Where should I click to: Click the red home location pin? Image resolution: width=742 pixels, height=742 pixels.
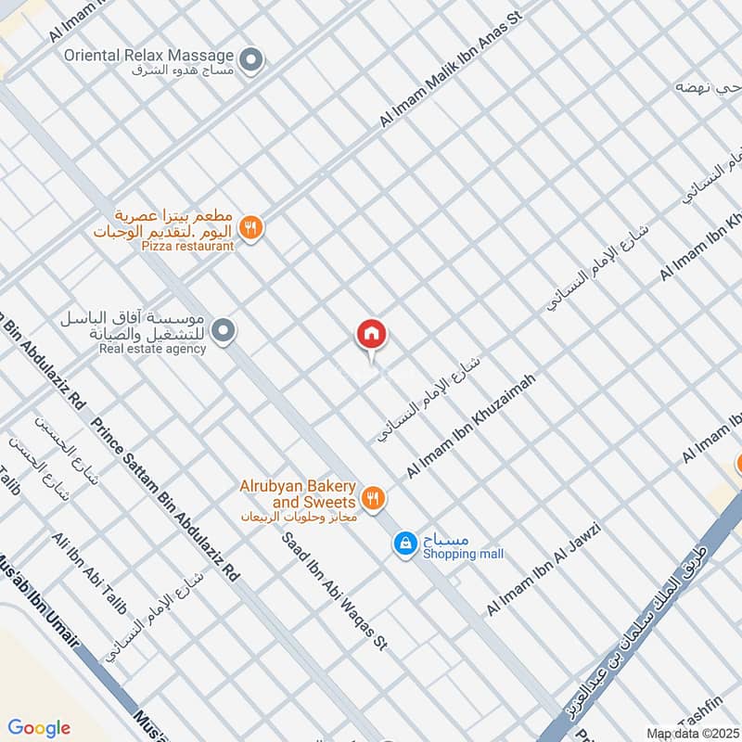click(372, 335)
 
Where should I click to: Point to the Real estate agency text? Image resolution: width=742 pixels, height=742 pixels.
click(153, 349)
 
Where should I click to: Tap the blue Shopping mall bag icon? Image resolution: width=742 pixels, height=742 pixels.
click(404, 544)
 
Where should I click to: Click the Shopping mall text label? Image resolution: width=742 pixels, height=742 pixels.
click(463, 554)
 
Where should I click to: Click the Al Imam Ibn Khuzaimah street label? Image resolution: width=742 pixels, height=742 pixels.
click(471, 427)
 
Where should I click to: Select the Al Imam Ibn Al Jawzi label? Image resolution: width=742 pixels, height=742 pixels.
click(544, 569)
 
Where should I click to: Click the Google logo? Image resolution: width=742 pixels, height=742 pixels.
click(39, 728)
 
